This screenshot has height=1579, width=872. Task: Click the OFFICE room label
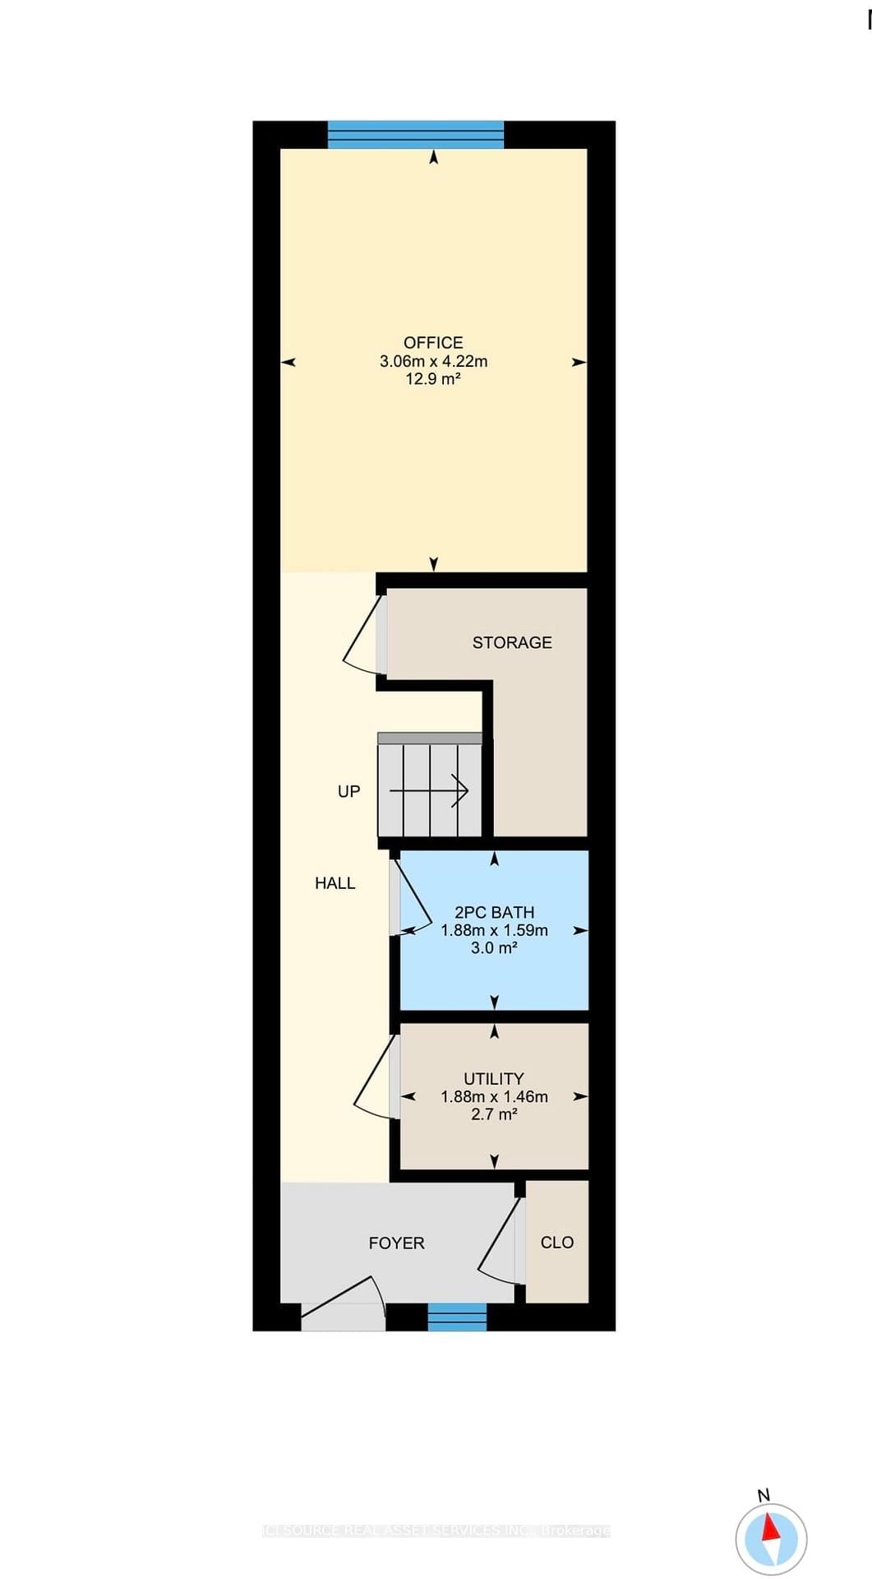433,342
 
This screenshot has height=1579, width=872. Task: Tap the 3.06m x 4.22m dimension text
433,361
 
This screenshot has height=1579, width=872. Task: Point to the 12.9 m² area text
433,379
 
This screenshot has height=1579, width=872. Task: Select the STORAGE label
512,642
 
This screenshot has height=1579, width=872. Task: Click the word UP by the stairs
348,791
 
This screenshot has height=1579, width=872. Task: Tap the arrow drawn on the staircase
430,791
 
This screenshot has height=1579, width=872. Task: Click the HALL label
335,883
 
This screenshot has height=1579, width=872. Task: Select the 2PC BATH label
494,912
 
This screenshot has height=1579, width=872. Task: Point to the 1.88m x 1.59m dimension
494,930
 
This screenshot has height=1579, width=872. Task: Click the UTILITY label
494,1078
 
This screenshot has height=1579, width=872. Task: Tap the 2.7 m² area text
494,1114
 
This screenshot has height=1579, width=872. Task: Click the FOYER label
396,1243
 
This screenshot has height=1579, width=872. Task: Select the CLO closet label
556,1243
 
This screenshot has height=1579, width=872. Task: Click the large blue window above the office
416,134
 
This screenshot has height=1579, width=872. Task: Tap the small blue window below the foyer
457,1317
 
